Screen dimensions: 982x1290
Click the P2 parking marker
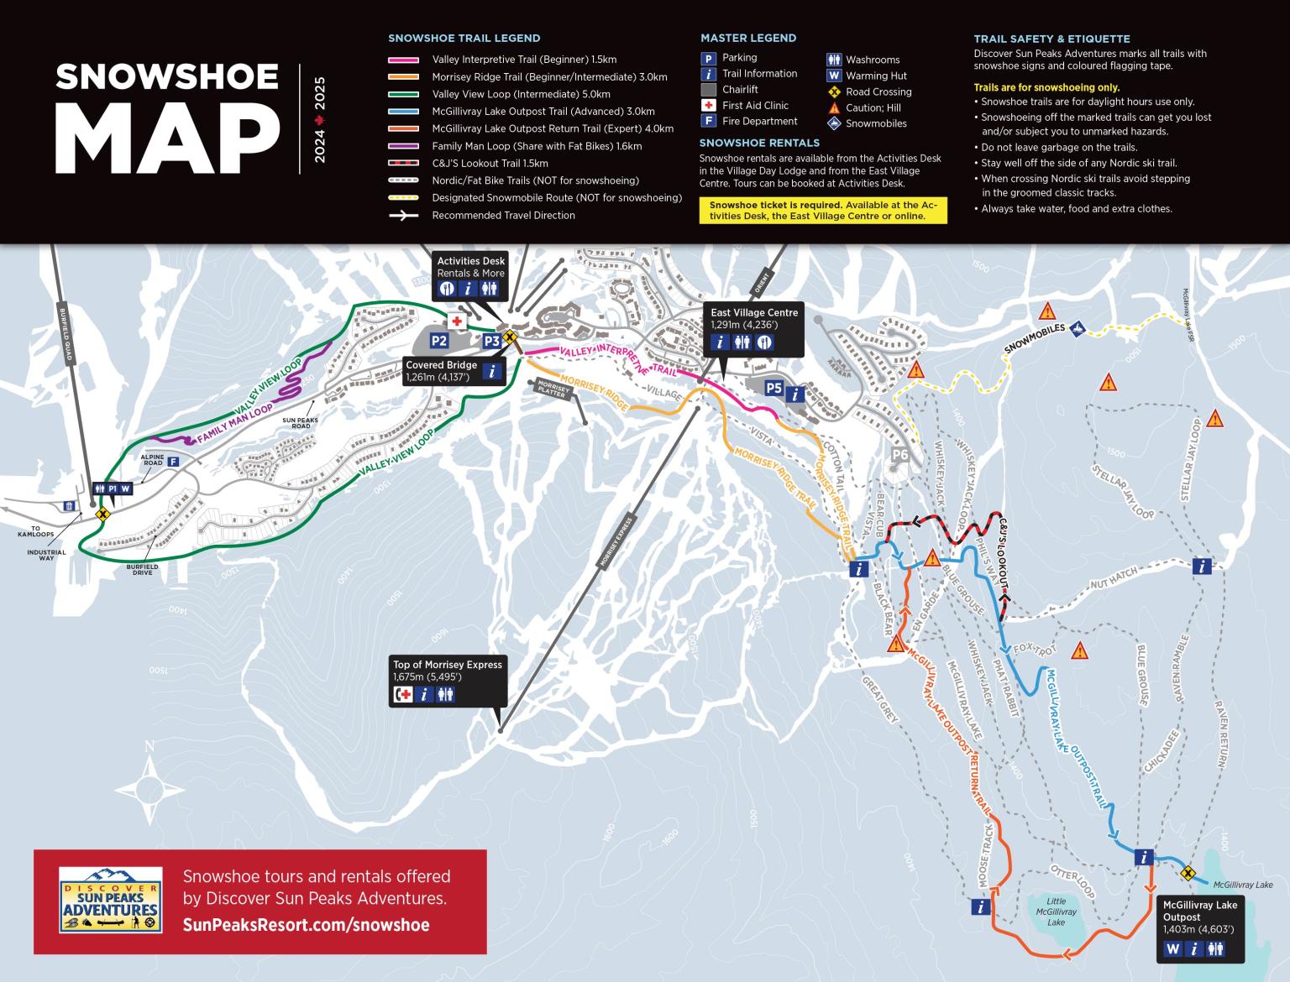coord(438,341)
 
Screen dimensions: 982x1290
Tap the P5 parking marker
coord(773,388)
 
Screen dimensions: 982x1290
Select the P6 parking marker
coord(900,455)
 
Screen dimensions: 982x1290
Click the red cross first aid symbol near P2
coord(458,322)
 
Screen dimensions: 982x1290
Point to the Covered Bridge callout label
coord(441,365)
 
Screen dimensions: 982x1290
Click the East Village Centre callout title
coord(753,313)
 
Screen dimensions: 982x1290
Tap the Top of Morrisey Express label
coord(447,665)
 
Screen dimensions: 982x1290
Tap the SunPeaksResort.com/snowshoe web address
coord(306,925)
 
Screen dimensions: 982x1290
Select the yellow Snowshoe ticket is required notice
coord(822,211)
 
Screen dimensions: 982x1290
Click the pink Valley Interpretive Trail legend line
coord(403,60)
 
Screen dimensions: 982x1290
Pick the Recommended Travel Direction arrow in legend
coord(403,216)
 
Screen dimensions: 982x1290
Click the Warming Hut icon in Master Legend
coord(834,76)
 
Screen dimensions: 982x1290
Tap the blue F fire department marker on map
coord(173,462)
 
